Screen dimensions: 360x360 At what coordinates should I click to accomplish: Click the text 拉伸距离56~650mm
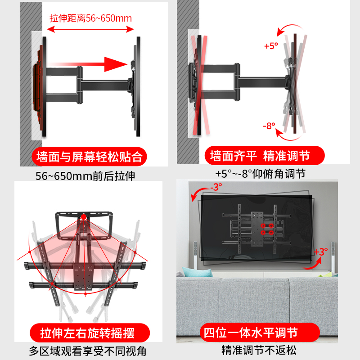point(90,18)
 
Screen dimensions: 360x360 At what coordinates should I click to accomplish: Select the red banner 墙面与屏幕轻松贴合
point(89,157)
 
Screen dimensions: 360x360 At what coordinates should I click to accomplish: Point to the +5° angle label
point(271,46)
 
